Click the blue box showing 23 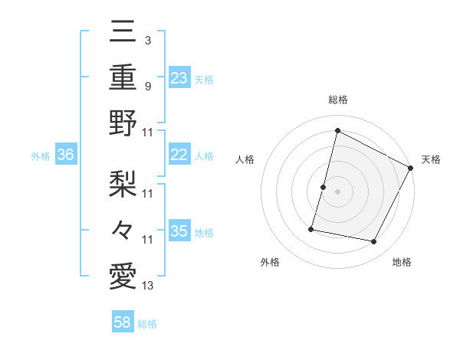point(179,77)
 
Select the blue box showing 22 point(179,155)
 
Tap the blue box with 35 point(179,231)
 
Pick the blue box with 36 point(66,155)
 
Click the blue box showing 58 point(123,322)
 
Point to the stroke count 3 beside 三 point(147,39)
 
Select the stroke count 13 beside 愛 point(148,286)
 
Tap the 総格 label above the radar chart point(337,100)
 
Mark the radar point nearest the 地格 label point(374,242)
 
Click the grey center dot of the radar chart point(337,191)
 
